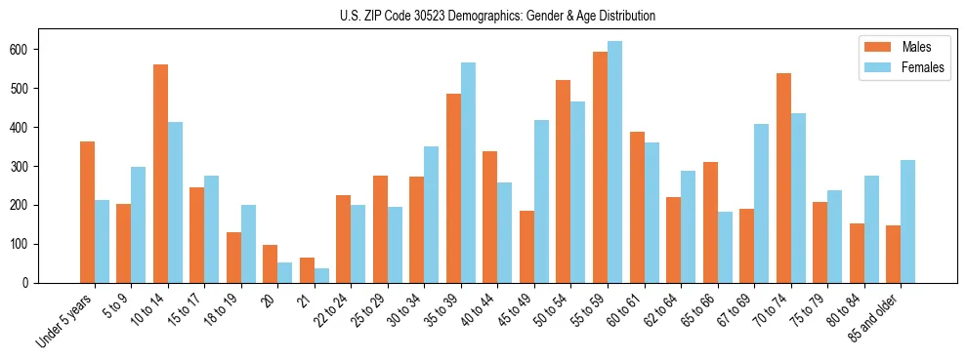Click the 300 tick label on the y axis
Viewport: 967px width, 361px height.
tap(28, 166)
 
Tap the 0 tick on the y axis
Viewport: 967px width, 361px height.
tap(35, 283)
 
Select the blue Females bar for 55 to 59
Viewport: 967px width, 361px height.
tap(614, 162)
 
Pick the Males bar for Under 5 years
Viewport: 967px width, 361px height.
tap(87, 212)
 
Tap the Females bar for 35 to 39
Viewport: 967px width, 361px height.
tap(468, 173)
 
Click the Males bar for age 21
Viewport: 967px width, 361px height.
tap(307, 270)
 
